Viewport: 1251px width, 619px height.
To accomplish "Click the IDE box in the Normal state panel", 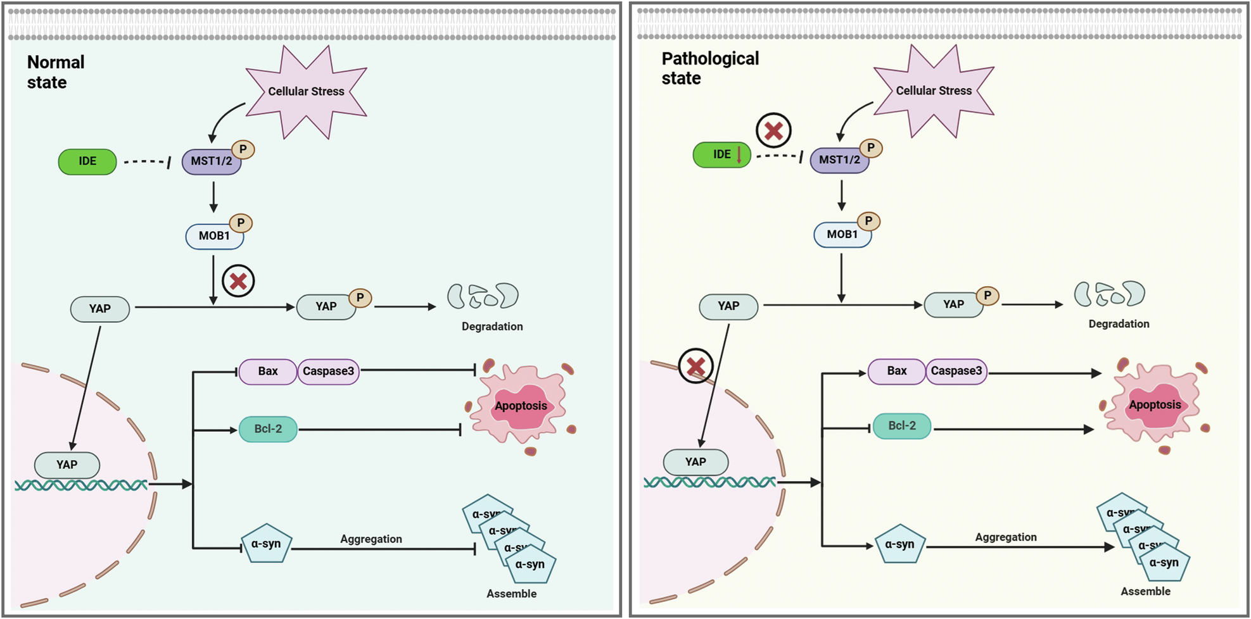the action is click(87, 161).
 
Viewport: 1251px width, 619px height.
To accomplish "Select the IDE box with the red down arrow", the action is click(722, 154).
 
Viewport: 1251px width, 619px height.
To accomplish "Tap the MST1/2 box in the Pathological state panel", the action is click(840, 159).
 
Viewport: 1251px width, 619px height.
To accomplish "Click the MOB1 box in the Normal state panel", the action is click(215, 236).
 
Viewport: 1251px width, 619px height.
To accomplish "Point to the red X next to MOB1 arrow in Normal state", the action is click(238, 281).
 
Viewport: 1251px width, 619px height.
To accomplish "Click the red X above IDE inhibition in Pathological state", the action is click(773, 131).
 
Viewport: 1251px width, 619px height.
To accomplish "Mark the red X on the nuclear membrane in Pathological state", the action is click(695, 366).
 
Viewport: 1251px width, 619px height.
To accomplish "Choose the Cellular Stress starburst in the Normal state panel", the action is click(307, 92).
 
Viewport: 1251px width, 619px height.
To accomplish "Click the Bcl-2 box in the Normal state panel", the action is click(268, 429).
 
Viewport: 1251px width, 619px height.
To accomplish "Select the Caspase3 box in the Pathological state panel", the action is click(956, 372).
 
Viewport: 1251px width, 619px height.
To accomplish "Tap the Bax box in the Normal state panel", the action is click(268, 372).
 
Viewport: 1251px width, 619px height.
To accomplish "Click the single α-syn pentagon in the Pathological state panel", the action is click(900, 544).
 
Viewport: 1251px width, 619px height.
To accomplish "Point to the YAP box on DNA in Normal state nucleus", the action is click(67, 465).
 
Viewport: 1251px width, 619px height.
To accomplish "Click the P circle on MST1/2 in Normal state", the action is click(243, 150).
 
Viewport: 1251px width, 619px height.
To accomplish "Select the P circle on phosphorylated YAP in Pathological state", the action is click(987, 296).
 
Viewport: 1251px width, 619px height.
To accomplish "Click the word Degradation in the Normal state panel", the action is click(492, 327).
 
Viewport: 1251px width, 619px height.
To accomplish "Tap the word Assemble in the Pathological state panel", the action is click(1145, 591).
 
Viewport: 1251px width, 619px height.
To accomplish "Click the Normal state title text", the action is click(56, 72).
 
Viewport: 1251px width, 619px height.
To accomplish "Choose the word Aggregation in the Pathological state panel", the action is click(1006, 537).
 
